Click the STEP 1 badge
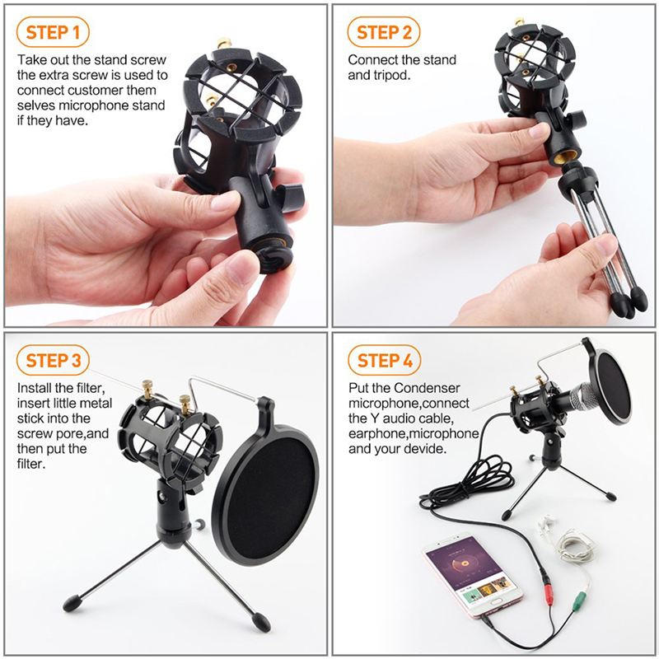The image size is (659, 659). pyautogui.click(x=53, y=32)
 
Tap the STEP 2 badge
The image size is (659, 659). pyautogui.click(x=384, y=32)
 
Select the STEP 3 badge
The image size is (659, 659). pyautogui.click(x=53, y=360)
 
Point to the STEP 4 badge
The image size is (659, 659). pyautogui.click(x=385, y=360)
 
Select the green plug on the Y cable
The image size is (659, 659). pyautogui.click(x=579, y=601)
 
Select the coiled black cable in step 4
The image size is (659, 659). pyautogui.click(x=466, y=484)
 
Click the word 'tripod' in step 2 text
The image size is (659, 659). pyautogui.click(x=390, y=76)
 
